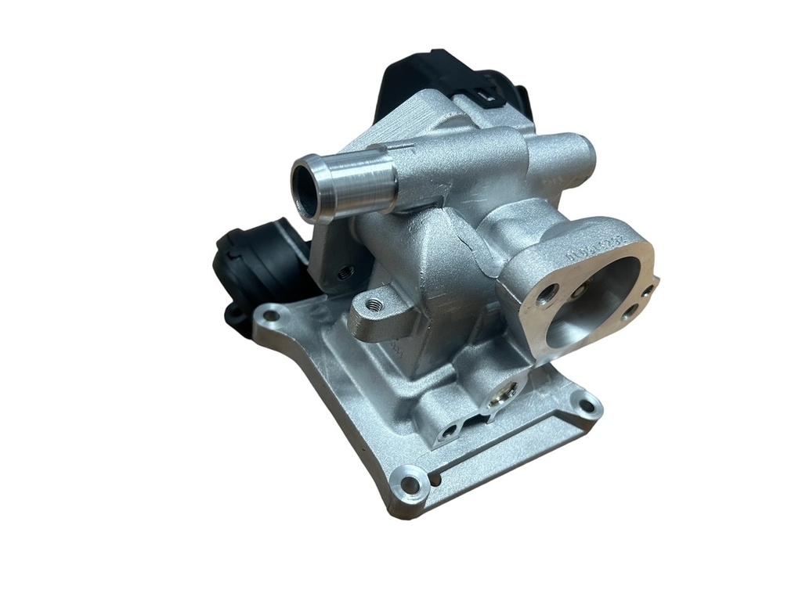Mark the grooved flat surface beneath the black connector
coord(411,120)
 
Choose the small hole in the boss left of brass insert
coord(448,431)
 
